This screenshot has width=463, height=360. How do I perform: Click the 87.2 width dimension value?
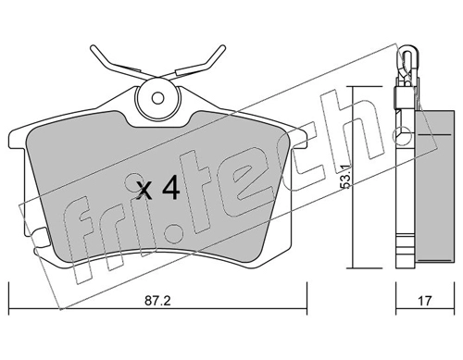tap(157, 301)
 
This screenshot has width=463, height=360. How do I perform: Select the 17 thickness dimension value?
tap(425, 301)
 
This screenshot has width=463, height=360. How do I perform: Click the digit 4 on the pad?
tap(170, 187)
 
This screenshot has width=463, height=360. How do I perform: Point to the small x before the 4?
tap(144, 191)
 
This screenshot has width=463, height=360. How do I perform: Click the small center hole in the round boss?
tap(157, 99)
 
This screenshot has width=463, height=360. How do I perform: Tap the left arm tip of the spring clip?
tap(93, 48)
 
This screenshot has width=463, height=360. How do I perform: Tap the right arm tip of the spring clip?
tap(223, 48)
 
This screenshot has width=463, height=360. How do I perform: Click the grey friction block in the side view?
tap(434, 186)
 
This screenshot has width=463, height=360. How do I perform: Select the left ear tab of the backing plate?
tap(18, 138)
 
